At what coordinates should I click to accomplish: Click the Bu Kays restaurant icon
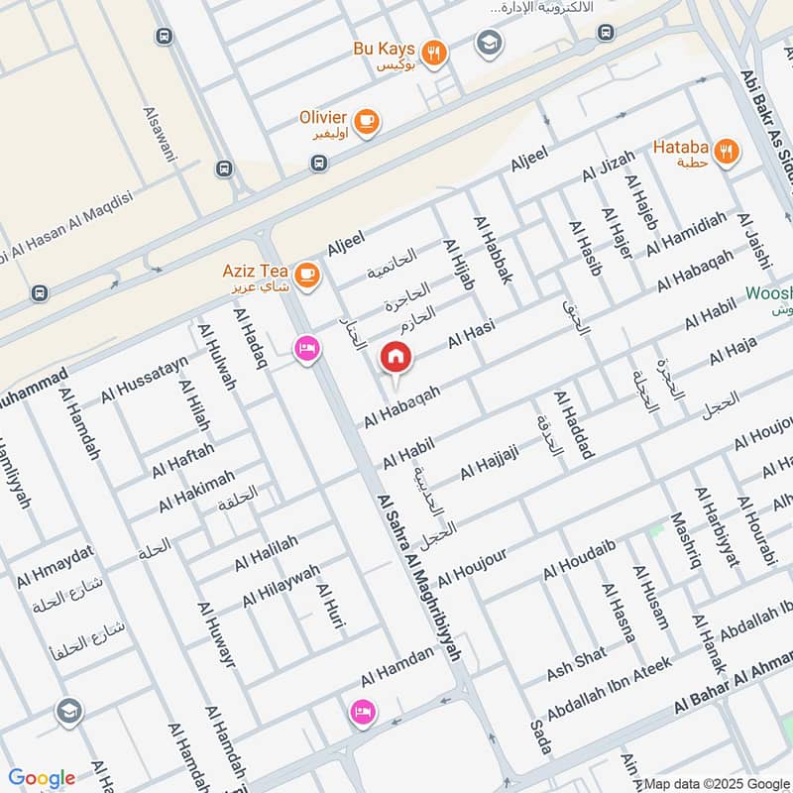click(x=432, y=54)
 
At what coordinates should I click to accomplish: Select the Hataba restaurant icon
click(x=727, y=152)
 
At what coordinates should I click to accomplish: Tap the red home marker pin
click(x=396, y=357)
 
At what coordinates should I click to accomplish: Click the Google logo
click(x=42, y=777)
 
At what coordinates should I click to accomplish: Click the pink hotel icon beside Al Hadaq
click(x=306, y=349)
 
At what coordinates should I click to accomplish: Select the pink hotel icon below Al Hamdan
click(x=360, y=712)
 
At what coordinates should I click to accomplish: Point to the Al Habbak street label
click(x=493, y=251)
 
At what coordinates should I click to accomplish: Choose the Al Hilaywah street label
click(x=282, y=587)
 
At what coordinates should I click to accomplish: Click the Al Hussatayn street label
click(x=144, y=381)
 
